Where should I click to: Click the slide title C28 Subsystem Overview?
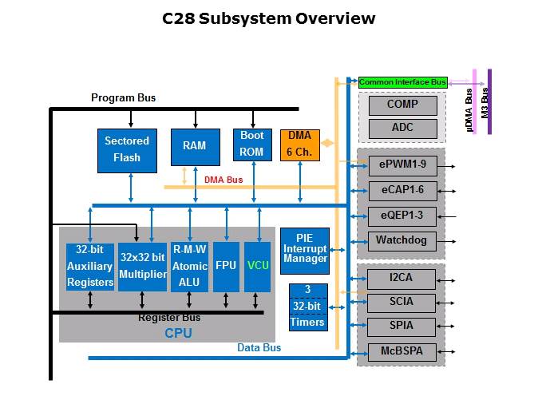(x=268, y=18)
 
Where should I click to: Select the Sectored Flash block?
(x=126, y=150)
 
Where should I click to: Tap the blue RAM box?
(x=194, y=146)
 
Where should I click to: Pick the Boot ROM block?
(x=252, y=145)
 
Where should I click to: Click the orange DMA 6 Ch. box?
(x=299, y=144)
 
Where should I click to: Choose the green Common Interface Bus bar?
(x=402, y=82)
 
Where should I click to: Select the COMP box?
(x=402, y=105)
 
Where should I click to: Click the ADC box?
(x=402, y=128)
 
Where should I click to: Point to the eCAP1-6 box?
(x=402, y=191)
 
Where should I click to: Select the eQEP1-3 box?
(x=402, y=216)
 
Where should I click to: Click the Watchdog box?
(x=402, y=240)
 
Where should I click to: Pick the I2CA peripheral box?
(x=402, y=279)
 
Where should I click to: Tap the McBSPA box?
(x=402, y=351)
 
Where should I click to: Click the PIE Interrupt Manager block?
(x=305, y=248)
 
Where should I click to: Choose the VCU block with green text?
(x=258, y=266)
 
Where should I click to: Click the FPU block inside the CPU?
(x=226, y=266)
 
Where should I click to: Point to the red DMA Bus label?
(x=224, y=180)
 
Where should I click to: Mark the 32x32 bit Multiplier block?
(x=142, y=266)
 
